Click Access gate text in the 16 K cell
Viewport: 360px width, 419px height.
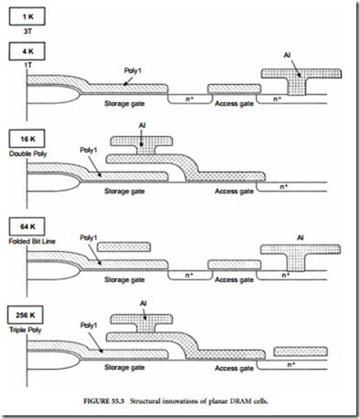(233, 193)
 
